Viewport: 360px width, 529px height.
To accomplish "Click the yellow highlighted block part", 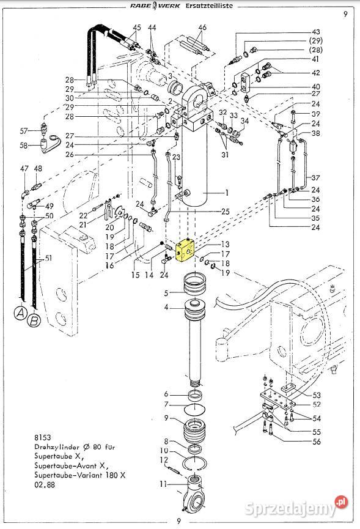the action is click(x=185, y=250).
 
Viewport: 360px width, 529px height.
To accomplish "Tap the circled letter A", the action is click(x=21, y=313).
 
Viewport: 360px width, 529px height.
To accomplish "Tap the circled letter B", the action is click(x=34, y=320).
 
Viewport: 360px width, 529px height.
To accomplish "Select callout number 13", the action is click(x=225, y=243).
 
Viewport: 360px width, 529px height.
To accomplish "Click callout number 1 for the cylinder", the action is click(x=227, y=193).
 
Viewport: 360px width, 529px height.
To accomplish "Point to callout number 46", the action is click(x=202, y=28).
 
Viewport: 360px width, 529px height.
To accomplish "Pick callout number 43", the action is click(x=316, y=32).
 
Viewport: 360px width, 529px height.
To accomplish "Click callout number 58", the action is click(x=24, y=146).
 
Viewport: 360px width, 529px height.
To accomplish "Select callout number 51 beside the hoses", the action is click(x=49, y=257).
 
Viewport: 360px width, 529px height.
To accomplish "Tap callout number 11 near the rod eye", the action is click(x=163, y=484).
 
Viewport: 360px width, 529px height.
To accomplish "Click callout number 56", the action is click(x=317, y=442).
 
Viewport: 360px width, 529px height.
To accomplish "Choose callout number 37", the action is click(x=315, y=178).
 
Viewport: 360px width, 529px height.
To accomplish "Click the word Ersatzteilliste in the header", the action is click(x=209, y=6).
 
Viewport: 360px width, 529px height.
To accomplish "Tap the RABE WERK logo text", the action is click(x=155, y=6).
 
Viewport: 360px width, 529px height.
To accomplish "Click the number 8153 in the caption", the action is click(x=42, y=438).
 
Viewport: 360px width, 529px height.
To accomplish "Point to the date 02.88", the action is click(x=44, y=485).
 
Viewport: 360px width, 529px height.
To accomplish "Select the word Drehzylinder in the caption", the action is click(x=57, y=447).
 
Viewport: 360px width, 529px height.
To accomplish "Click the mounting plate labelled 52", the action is click(x=277, y=399).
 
